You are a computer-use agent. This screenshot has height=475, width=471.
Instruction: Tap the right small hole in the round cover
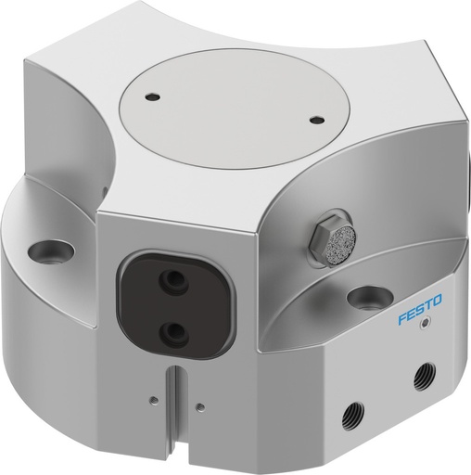318,119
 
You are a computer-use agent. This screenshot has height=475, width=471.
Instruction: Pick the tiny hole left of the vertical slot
151,402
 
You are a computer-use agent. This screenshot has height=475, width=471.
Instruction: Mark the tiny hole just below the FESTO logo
425,325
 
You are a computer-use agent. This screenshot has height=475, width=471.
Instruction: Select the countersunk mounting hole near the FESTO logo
367,297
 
